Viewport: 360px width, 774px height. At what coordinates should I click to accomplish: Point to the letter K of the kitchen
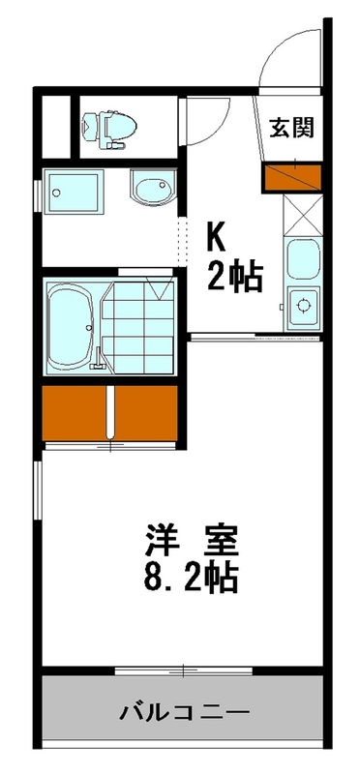(x=215, y=238)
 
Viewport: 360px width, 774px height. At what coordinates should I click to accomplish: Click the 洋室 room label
(x=192, y=539)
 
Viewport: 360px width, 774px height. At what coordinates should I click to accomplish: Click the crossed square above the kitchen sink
(x=302, y=217)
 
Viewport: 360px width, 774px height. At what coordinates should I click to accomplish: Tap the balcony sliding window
(x=184, y=670)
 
